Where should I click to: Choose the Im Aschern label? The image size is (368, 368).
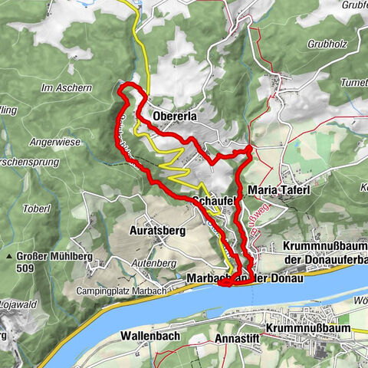click(67, 87)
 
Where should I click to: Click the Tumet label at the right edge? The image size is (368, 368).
click(353, 82)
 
